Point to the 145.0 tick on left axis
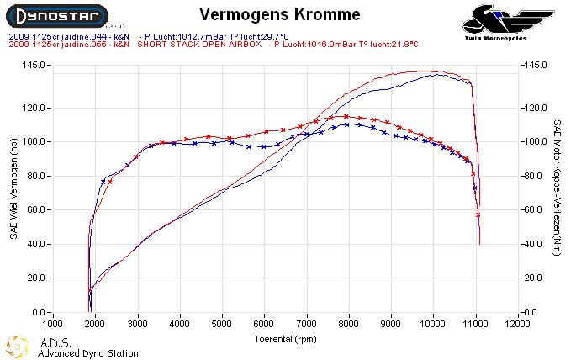tap(33, 65)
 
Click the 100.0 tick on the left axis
tap(33, 141)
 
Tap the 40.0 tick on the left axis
tap(35, 244)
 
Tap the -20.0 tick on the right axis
tap(535, 278)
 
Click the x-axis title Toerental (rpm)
tap(286, 339)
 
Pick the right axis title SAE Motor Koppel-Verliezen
tap(558, 187)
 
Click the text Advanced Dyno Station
tap(87, 354)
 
